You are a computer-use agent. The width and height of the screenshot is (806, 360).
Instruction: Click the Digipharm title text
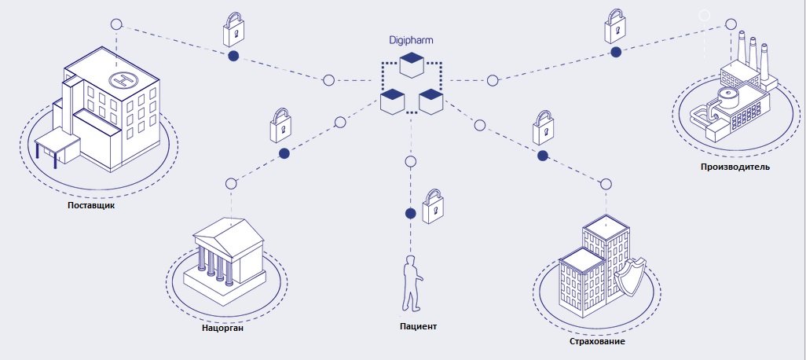pyautogui.click(x=410, y=40)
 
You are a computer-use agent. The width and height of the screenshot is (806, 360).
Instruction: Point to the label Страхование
pyautogui.click(x=598, y=341)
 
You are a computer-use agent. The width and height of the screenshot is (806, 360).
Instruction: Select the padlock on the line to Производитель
pyautogui.click(x=615, y=28)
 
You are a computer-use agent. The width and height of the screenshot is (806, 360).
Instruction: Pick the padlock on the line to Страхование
pyautogui.click(x=542, y=126)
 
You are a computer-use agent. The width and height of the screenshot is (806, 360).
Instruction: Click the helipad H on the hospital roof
pyautogui.click(x=122, y=79)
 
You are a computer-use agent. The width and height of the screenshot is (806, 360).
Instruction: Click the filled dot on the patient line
pyautogui.click(x=409, y=213)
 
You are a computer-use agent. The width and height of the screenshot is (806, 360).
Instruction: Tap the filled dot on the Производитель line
pyautogui.click(x=617, y=52)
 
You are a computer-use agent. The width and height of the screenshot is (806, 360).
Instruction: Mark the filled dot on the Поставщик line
pyautogui.click(x=233, y=56)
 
